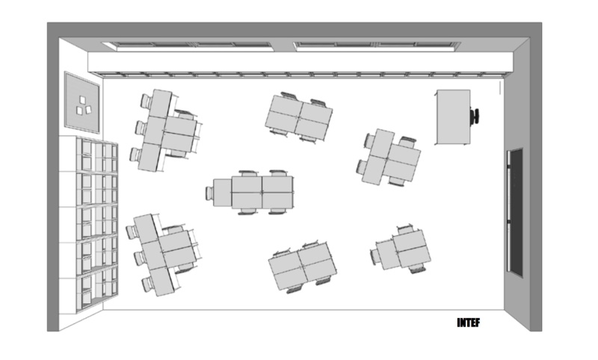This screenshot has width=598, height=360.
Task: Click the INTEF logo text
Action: [x=469, y=323]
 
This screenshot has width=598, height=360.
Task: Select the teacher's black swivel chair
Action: [x=475, y=116]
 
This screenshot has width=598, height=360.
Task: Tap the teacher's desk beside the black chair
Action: [x=453, y=117]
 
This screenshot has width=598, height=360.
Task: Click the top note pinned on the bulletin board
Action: [x=83, y=100]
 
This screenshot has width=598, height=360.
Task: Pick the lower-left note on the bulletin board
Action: [x=79, y=111]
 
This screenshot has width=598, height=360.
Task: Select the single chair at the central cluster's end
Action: [x=209, y=193]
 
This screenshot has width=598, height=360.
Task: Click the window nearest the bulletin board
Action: [x=187, y=46]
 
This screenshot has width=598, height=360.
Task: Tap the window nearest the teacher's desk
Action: [x=377, y=46]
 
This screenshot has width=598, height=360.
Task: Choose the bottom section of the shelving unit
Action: [x=96, y=288]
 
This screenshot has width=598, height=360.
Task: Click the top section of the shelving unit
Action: [x=97, y=157]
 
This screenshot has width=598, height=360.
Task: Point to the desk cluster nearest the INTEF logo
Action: [x=403, y=249]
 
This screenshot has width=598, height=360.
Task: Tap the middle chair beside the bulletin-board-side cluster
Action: [x=141, y=128]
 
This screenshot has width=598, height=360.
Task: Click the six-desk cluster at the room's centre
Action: [x=253, y=193]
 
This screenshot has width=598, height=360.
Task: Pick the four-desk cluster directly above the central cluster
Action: [x=298, y=118]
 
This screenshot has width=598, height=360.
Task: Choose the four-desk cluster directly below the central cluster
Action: [x=303, y=266]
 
